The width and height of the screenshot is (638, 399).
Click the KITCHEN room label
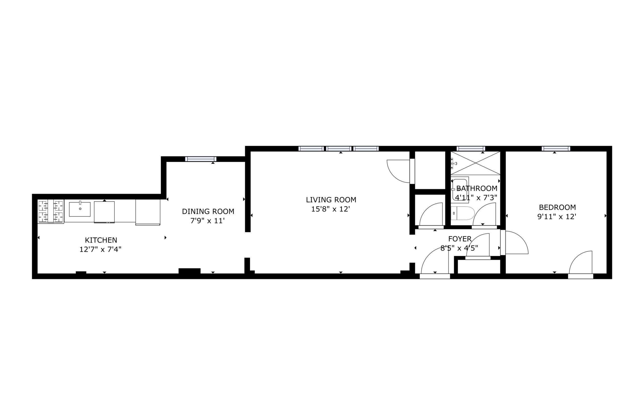(101, 240)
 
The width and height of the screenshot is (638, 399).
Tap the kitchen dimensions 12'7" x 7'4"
(100, 249)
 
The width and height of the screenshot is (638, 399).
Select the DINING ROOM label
(208, 211)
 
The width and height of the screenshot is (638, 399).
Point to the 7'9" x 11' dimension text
(207, 221)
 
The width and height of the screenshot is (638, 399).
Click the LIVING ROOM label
(331, 200)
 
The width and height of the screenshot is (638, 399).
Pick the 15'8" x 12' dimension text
(331, 209)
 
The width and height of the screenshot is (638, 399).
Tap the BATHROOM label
(477, 189)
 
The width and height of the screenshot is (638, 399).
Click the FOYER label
(460, 239)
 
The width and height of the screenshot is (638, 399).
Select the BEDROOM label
(557, 207)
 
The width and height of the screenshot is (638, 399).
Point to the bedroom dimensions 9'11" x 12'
(557, 217)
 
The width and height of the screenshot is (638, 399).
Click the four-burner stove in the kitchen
(51, 211)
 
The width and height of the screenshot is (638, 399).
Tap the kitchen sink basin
(80, 209)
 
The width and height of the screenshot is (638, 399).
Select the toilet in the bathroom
(463, 213)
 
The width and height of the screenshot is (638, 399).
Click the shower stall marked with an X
(475, 163)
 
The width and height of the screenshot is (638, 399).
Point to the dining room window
(201, 159)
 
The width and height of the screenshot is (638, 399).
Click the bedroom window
(556, 148)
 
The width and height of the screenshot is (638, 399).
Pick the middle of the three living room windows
(339, 148)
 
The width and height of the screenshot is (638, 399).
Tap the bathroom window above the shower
(471, 148)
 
